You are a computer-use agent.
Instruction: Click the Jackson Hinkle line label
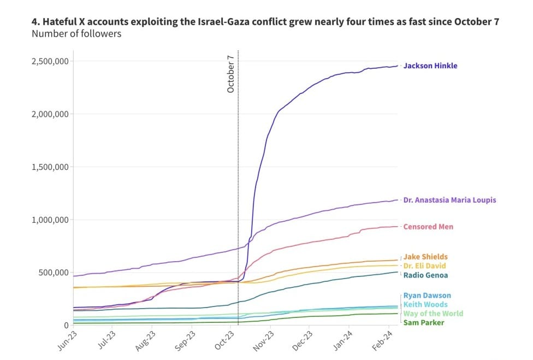(430, 66)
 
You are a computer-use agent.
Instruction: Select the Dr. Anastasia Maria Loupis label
(449, 200)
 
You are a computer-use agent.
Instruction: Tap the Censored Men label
(428, 227)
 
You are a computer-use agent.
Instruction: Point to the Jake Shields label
(425, 257)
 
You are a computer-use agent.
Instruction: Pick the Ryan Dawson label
(427, 296)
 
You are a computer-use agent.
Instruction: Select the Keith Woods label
(425, 304)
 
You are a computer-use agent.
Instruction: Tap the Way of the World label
(433, 314)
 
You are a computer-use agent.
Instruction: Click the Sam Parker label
(423, 322)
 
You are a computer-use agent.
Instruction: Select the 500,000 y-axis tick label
(52, 273)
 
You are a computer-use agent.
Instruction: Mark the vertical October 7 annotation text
(230, 74)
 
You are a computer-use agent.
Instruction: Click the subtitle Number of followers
(76, 34)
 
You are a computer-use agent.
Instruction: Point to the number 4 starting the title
(34, 22)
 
